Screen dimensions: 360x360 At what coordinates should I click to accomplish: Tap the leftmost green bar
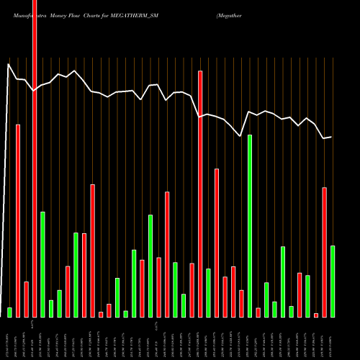click(x=9, y=312)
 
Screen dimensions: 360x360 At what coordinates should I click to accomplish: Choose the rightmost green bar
click(x=333, y=281)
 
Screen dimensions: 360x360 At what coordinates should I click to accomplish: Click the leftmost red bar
click(x=18, y=220)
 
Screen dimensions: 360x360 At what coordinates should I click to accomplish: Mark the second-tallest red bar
click(x=200, y=194)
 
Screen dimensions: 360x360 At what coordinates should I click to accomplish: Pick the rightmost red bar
click(x=324, y=252)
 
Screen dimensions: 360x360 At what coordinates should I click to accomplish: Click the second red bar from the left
click(x=26, y=299)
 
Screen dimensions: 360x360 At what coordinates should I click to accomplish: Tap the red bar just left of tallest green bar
click(x=241, y=303)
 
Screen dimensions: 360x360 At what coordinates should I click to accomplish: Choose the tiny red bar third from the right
click(x=316, y=315)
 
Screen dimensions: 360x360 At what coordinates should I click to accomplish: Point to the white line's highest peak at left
click(x=9, y=64)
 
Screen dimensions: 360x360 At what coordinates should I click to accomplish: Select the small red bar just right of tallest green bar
click(x=258, y=312)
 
